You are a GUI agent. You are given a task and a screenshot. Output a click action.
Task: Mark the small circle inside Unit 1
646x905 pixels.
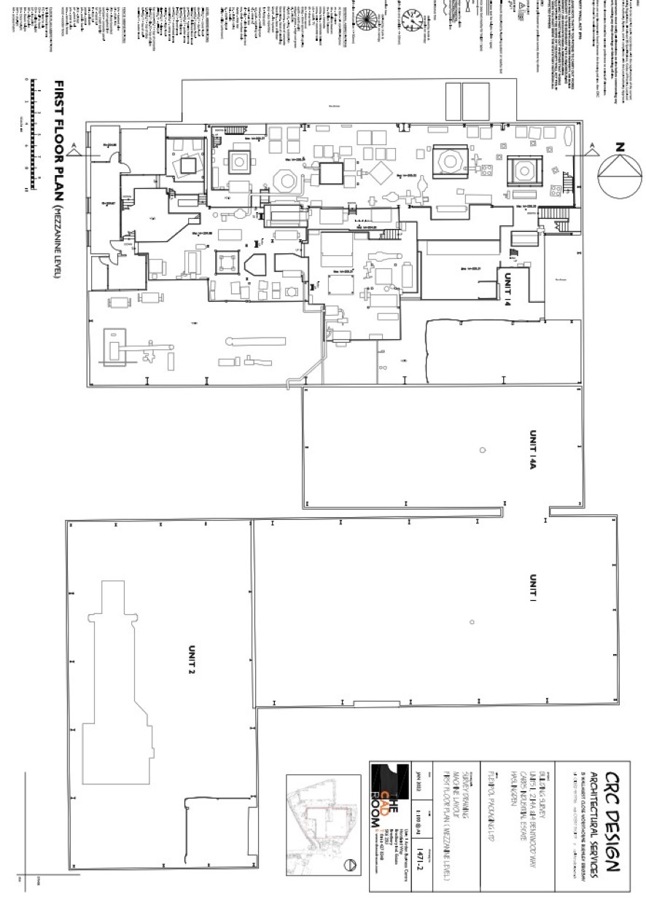tap(472, 622)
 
